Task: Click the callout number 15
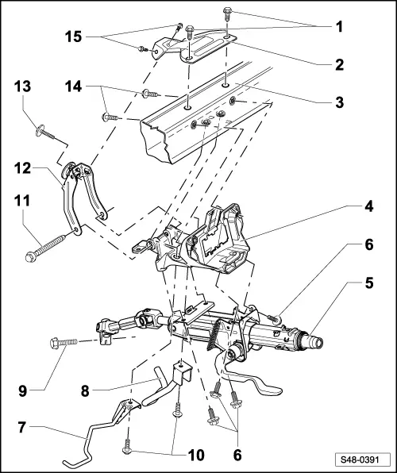pyautogui.click(x=73, y=37)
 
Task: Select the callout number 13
pyautogui.click(x=23, y=87)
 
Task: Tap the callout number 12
pyautogui.click(x=23, y=168)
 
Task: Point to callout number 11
pyautogui.click(x=21, y=201)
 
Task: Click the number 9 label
pyautogui.click(x=23, y=391)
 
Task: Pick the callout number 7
pyautogui.click(x=21, y=428)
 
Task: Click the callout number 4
pyautogui.click(x=369, y=206)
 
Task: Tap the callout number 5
pyautogui.click(x=369, y=283)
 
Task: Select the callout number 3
pyautogui.click(x=340, y=102)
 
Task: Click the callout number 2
pyautogui.click(x=340, y=64)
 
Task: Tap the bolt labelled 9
pyautogui.click(x=64, y=343)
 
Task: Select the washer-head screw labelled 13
pyautogui.click(x=45, y=133)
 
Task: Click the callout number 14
pyautogui.click(x=73, y=87)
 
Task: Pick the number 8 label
pyautogui.click(x=85, y=391)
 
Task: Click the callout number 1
pyautogui.click(x=340, y=27)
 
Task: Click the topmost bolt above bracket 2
pyautogui.click(x=227, y=13)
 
